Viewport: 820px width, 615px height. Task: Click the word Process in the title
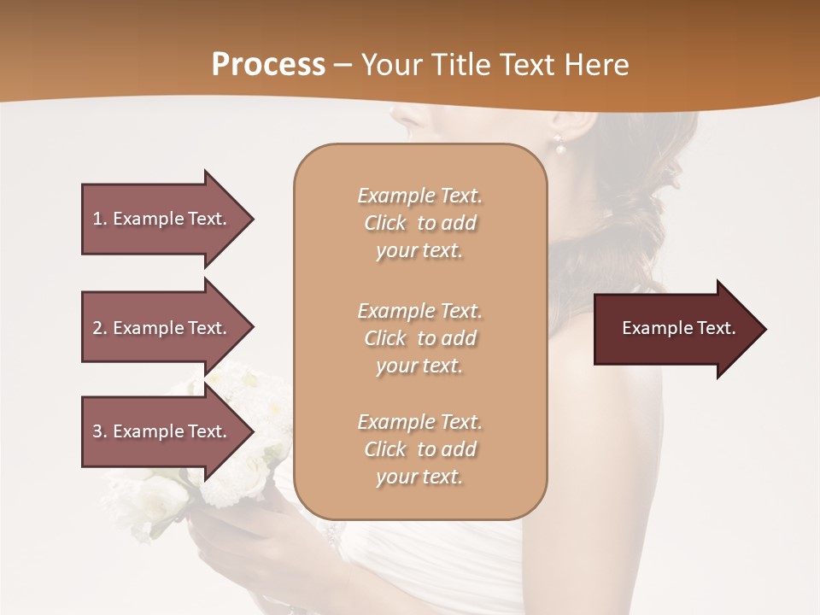click(268, 65)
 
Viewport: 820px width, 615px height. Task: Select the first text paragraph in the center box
click(419, 223)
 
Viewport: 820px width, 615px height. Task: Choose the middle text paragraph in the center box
click(419, 338)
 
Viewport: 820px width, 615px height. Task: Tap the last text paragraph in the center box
click(419, 449)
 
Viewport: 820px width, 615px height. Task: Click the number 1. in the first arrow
click(100, 219)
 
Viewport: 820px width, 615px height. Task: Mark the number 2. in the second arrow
click(100, 328)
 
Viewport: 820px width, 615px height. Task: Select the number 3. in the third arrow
click(100, 431)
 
